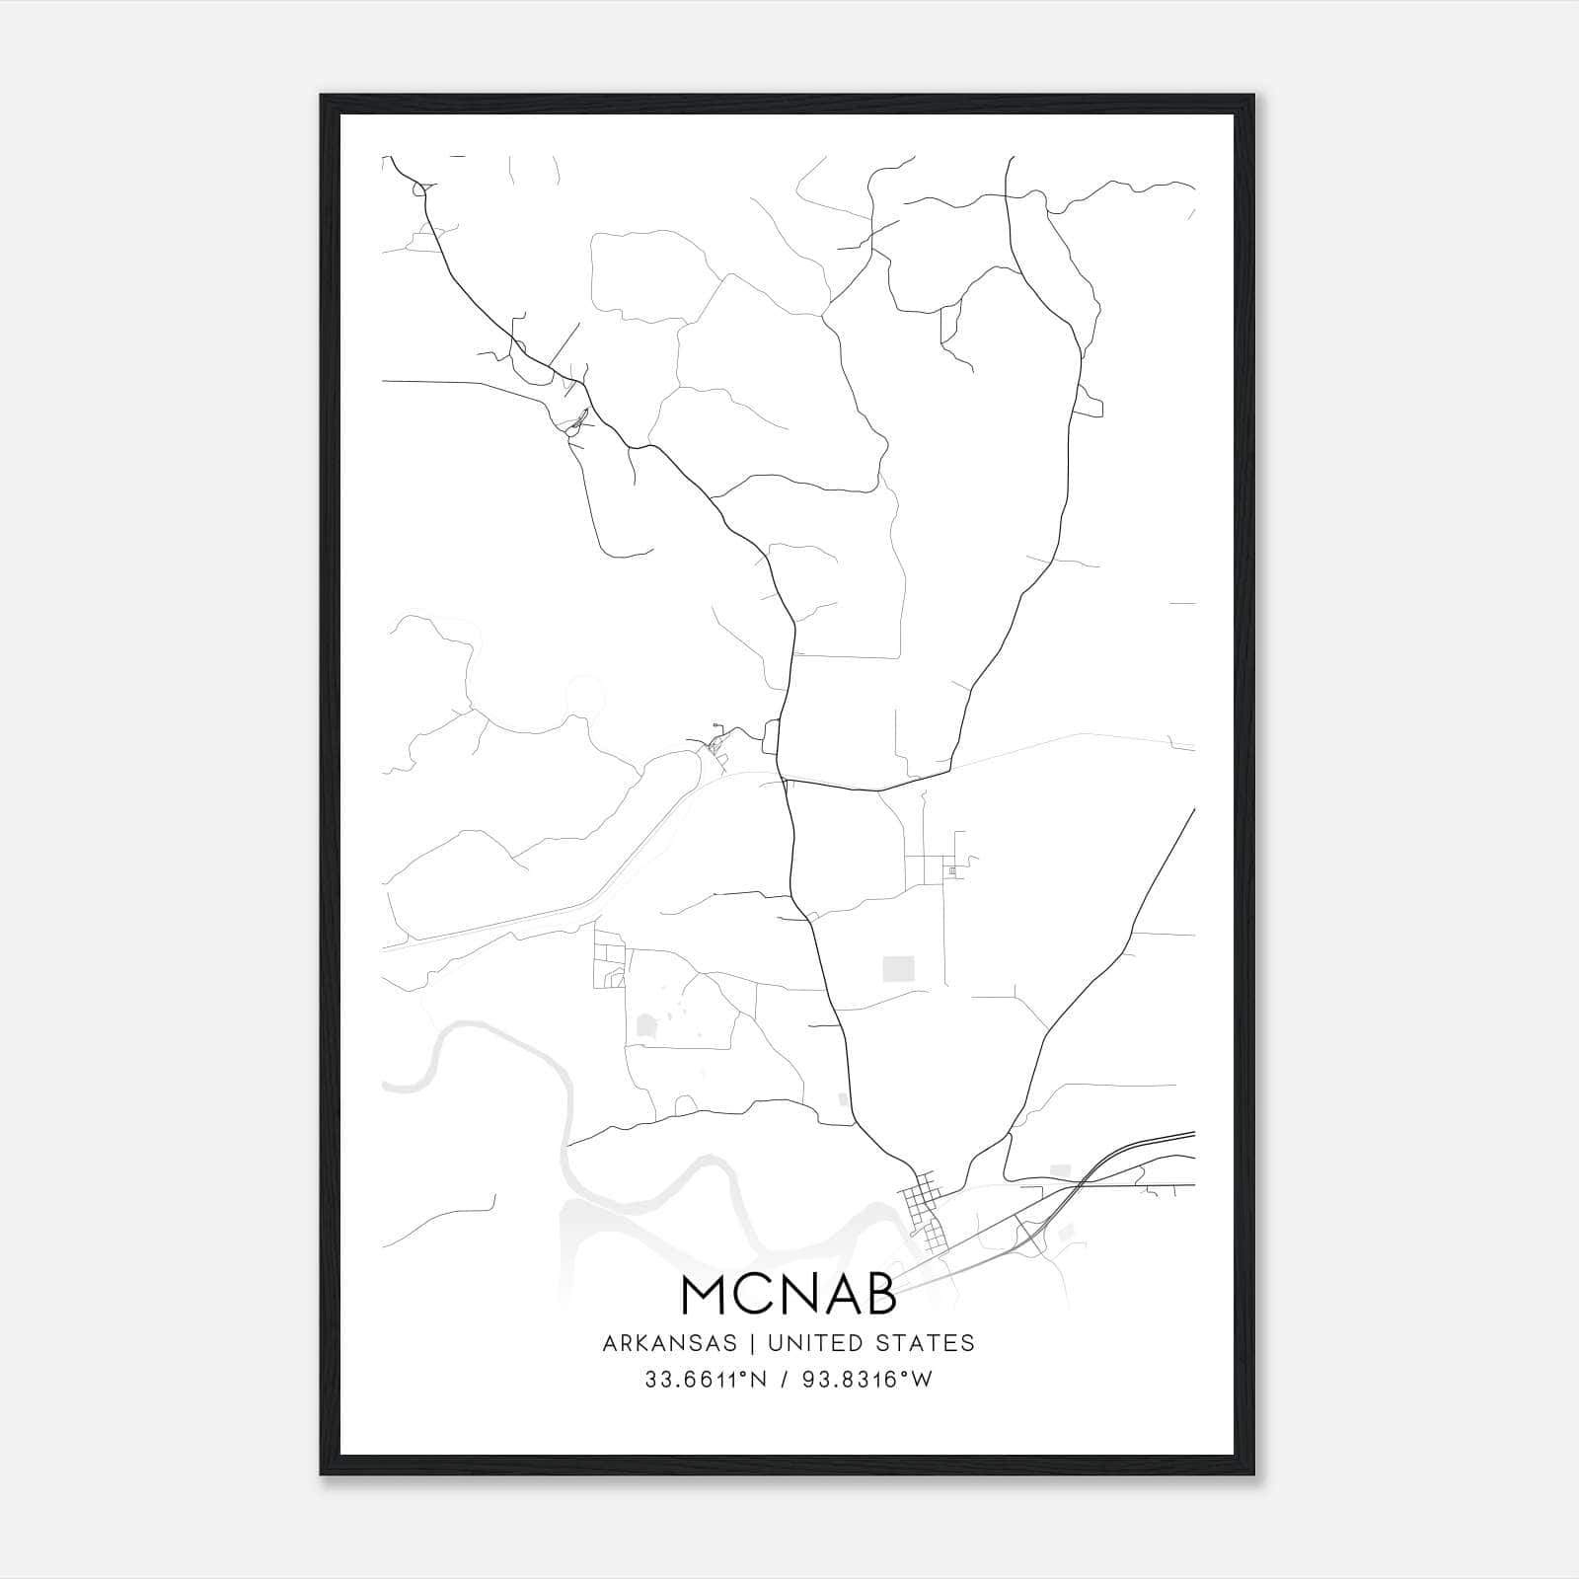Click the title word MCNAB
click(x=789, y=1295)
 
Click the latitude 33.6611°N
click(x=705, y=1380)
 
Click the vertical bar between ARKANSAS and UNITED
click(x=752, y=1343)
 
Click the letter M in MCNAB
click(x=706, y=1295)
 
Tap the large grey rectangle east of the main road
click(x=898, y=968)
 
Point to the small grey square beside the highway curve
click(x=1060, y=1171)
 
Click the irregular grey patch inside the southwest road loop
click(x=646, y=1026)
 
